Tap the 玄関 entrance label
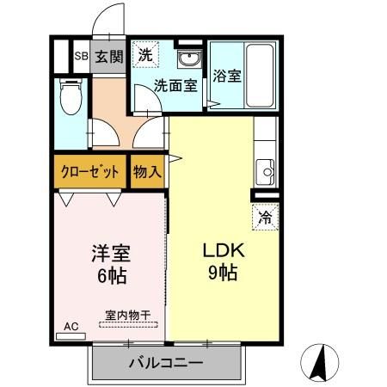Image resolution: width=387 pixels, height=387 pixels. point(109,57)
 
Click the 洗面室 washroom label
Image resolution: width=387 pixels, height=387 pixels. point(175,85)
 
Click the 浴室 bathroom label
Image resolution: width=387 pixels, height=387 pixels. point(227,75)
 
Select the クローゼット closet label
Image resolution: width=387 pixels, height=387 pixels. point(89,171)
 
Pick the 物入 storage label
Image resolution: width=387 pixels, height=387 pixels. point(147,171)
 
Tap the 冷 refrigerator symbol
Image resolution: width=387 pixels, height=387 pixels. point(266,217)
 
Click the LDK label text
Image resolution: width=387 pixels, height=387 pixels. point(224,251)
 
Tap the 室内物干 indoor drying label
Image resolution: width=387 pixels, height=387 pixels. point(127,316)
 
